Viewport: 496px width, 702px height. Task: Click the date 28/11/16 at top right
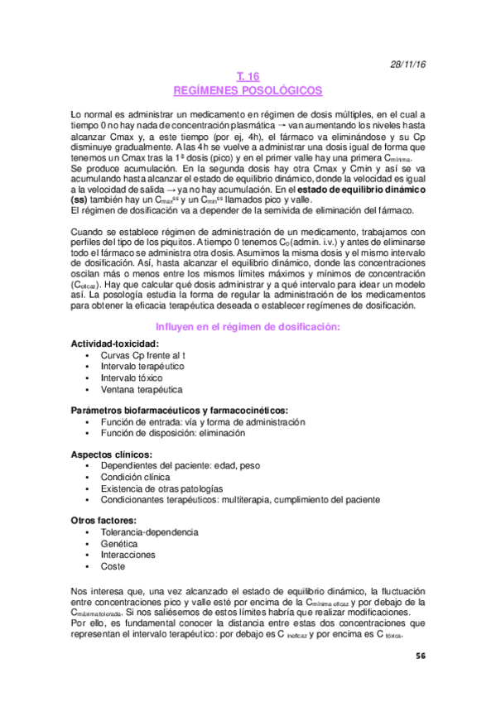(407, 64)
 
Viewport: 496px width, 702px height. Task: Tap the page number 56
(421, 655)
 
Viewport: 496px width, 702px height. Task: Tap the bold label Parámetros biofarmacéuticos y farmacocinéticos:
(179, 410)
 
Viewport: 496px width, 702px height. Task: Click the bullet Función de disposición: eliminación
(172, 433)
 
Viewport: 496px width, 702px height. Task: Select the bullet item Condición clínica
(136, 478)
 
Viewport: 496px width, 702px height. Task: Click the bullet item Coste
(113, 567)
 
